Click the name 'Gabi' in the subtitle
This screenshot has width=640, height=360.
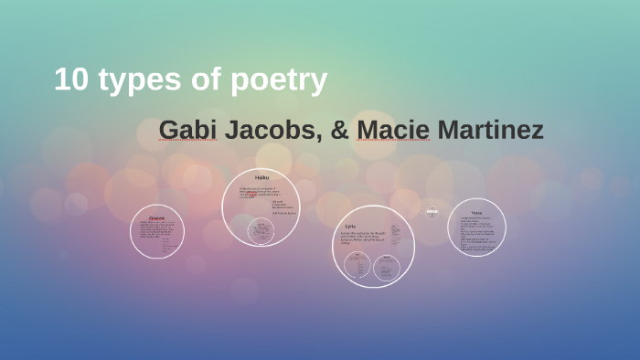pos(188,130)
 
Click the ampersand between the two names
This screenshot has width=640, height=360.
pos(339,130)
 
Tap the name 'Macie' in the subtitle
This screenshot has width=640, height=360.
pos(393,130)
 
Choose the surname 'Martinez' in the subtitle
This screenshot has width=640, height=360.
pos(490,130)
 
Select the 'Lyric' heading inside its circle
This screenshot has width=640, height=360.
pos(350,226)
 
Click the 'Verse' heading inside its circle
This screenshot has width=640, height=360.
pos(476,212)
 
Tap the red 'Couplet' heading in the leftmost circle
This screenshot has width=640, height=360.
pos(156,218)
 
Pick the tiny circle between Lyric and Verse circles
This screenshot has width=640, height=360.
pos(432,213)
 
